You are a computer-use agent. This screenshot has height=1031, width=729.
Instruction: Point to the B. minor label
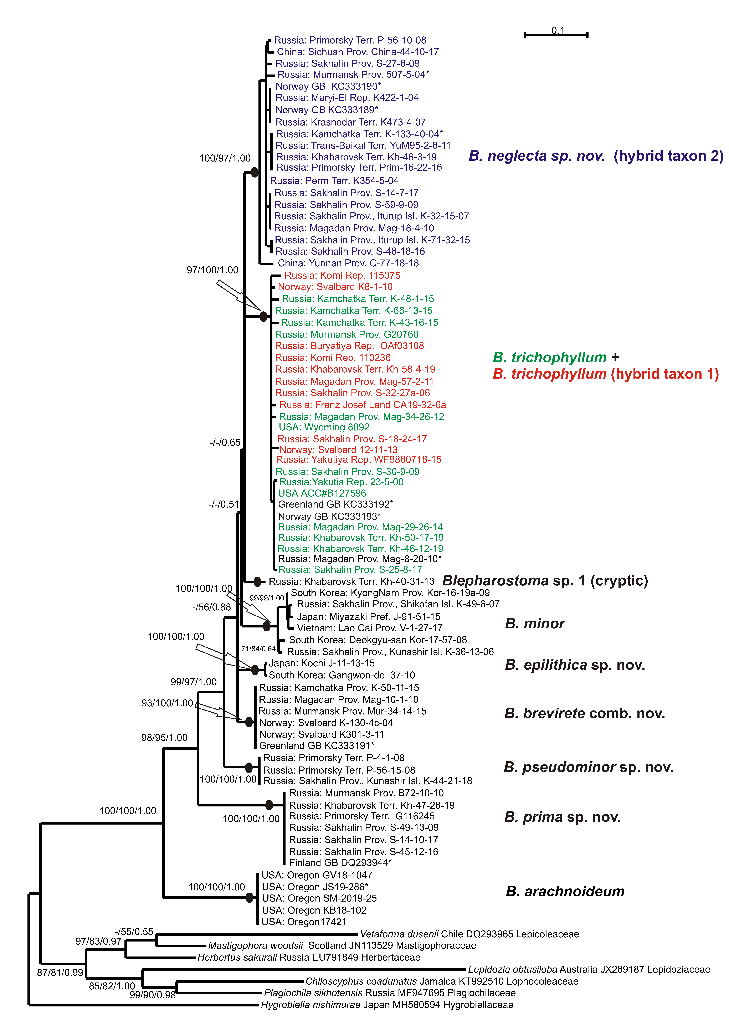click(534, 623)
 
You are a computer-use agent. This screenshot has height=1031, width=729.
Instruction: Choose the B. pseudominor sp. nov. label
click(588, 767)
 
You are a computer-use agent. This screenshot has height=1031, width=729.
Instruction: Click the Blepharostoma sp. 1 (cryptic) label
click(545, 581)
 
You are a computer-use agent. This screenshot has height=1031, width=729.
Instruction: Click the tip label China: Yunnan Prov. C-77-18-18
click(348, 263)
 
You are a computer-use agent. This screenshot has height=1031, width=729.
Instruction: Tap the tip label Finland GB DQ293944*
click(340, 863)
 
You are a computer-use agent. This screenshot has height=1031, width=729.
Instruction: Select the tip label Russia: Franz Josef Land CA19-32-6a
click(363, 405)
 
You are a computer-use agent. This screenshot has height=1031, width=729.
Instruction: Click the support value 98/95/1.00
click(164, 738)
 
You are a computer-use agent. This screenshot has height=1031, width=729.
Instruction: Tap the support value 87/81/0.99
click(60, 973)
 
